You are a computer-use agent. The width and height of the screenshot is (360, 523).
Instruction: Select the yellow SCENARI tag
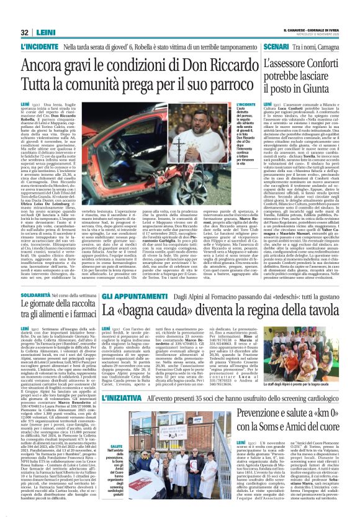(276, 47)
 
